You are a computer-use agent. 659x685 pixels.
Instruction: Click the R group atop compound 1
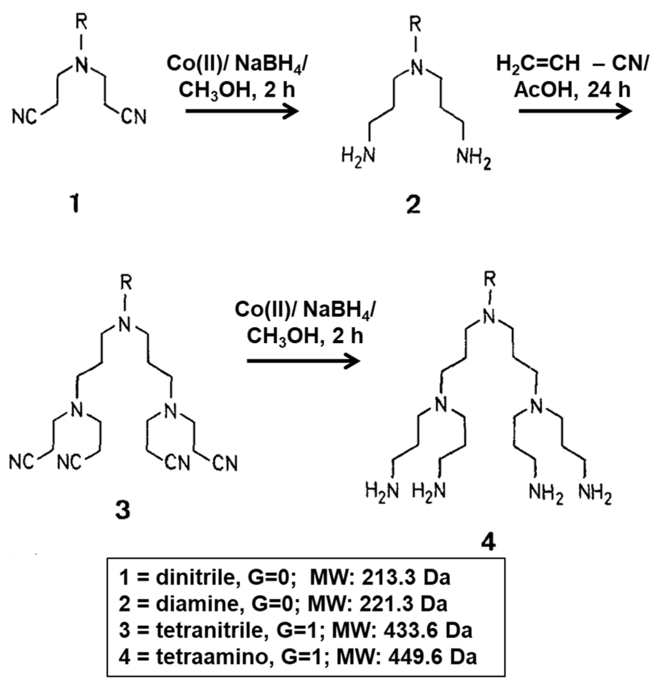click(x=82, y=24)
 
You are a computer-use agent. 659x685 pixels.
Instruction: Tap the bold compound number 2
click(x=414, y=206)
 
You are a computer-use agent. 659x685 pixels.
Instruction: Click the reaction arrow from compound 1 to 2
click(x=242, y=111)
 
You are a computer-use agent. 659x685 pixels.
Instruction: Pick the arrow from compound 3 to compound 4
click(x=303, y=361)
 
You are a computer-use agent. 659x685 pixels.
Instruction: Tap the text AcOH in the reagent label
click(x=543, y=89)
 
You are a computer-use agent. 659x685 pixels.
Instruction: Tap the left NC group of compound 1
click(x=24, y=117)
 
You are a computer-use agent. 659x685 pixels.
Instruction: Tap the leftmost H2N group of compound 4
click(x=382, y=490)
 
